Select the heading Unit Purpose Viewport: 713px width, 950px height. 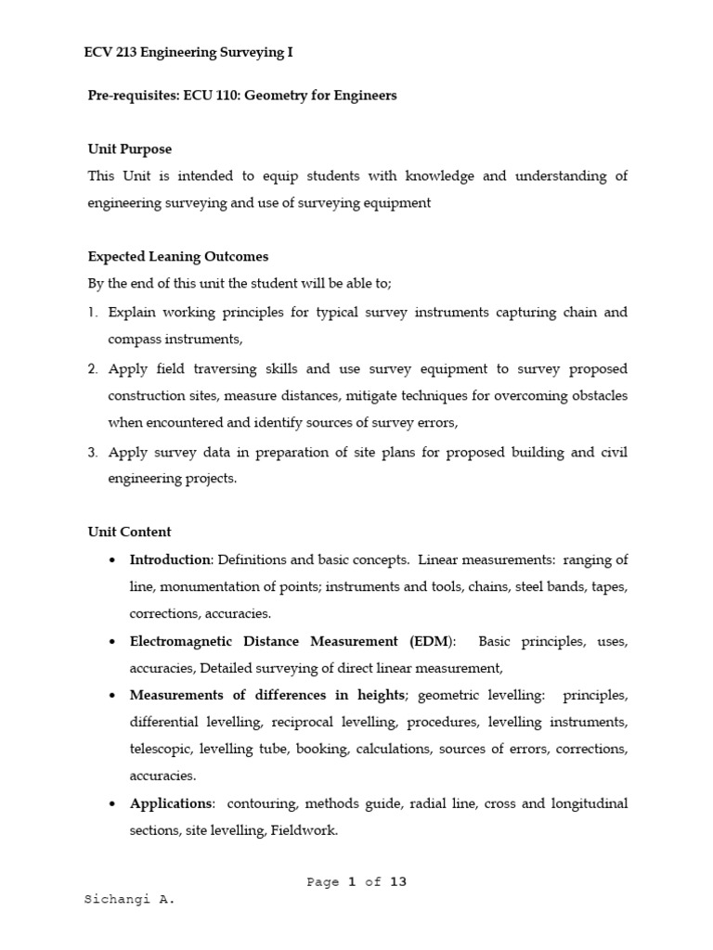pyautogui.click(x=129, y=149)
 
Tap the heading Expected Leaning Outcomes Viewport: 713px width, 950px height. pyautogui.click(x=177, y=257)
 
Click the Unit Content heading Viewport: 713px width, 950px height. pyautogui.click(x=129, y=532)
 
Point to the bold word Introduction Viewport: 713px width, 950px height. pyautogui.click(x=170, y=559)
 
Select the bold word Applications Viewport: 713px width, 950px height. pyautogui.click(x=172, y=803)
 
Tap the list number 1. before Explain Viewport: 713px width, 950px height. pyautogui.click(x=93, y=313)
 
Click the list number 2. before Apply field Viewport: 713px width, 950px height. pyautogui.click(x=93, y=368)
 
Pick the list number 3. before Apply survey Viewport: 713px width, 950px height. pyautogui.click(x=93, y=453)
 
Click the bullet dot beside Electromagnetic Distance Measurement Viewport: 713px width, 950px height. pyautogui.click(x=112, y=642)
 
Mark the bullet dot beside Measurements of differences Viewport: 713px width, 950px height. pyautogui.click(x=112, y=696)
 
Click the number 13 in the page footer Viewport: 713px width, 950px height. pyautogui.click(x=398, y=882)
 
